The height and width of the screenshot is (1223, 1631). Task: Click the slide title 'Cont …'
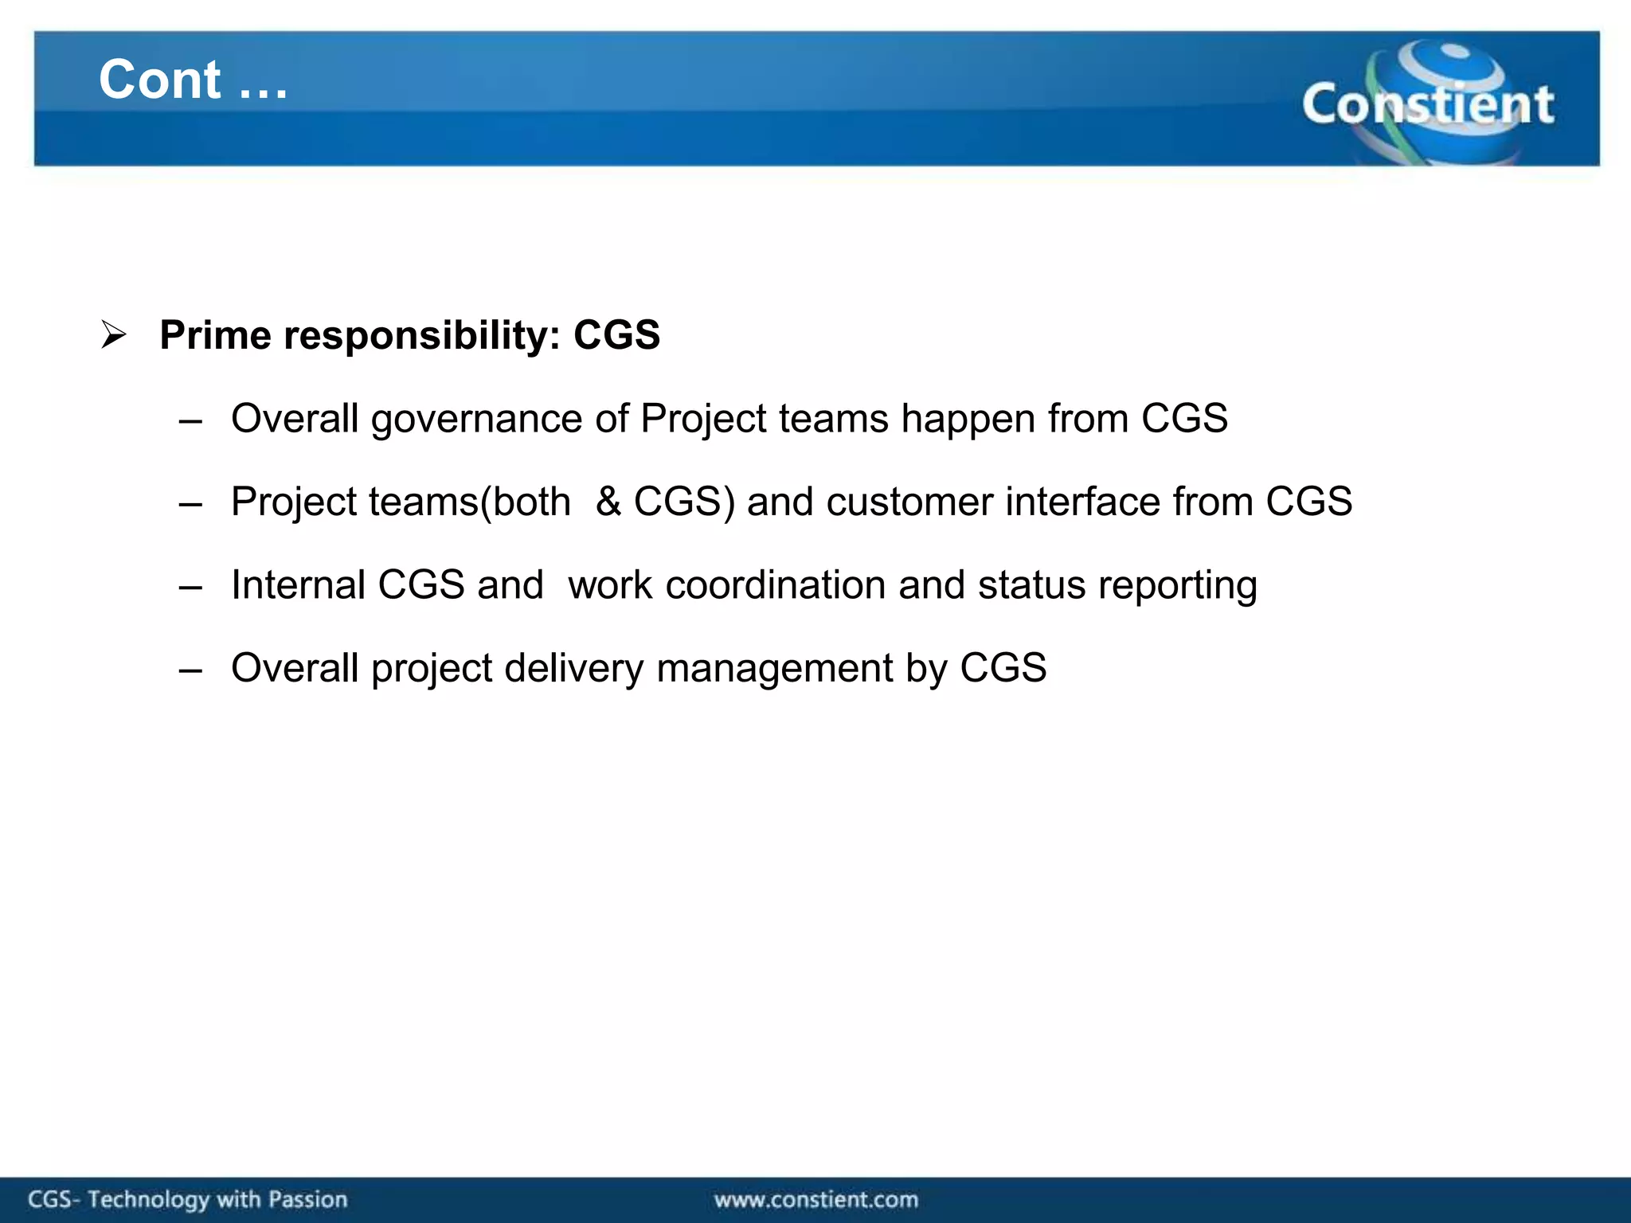(193, 80)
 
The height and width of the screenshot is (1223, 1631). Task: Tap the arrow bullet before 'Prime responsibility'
(114, 334)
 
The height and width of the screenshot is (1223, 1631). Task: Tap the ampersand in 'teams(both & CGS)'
(608, 502)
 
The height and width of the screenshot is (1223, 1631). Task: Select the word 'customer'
(909, 502)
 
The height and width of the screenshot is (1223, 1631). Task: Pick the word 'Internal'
(298, 585)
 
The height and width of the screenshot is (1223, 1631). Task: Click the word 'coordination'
(776, 585)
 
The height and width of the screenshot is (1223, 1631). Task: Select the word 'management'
(774, 669)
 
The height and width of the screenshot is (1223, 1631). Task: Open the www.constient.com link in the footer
(815, 1199)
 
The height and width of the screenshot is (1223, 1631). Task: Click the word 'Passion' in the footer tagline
(307, 1199)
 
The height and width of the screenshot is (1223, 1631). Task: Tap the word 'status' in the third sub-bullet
(1032, 585)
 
